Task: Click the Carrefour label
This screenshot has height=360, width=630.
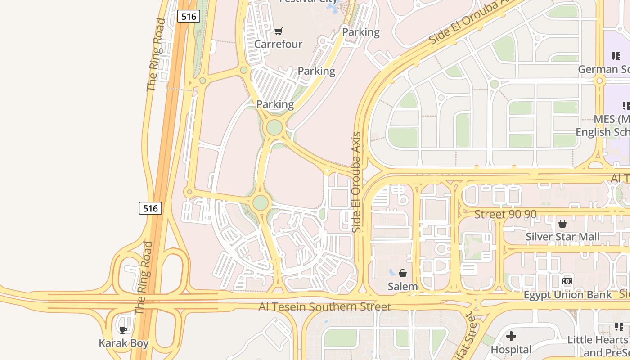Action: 279,44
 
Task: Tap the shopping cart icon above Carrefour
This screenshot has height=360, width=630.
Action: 279,31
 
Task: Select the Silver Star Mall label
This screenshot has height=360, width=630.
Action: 562,237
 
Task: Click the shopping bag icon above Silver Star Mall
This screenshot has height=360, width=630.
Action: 562,223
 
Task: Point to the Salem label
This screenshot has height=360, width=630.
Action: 403,286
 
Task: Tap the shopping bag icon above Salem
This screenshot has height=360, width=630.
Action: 403,273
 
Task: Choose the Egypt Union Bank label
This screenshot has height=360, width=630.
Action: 567,295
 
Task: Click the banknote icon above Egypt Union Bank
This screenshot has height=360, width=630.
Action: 567,281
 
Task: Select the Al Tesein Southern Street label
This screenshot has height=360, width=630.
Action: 325,307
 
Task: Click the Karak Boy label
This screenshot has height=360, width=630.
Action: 124,343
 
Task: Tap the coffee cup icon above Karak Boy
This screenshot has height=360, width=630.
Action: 123,330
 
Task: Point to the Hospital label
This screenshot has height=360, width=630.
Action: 511,349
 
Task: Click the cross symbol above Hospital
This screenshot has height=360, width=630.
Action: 511,336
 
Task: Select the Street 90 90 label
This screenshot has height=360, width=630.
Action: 506,214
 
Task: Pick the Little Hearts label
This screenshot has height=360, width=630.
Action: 598,340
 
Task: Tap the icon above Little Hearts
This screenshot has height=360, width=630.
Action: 619,326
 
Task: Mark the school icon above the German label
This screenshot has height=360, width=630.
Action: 616,56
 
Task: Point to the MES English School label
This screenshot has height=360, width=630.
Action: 603,126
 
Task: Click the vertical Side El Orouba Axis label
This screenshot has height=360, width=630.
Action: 357,182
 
